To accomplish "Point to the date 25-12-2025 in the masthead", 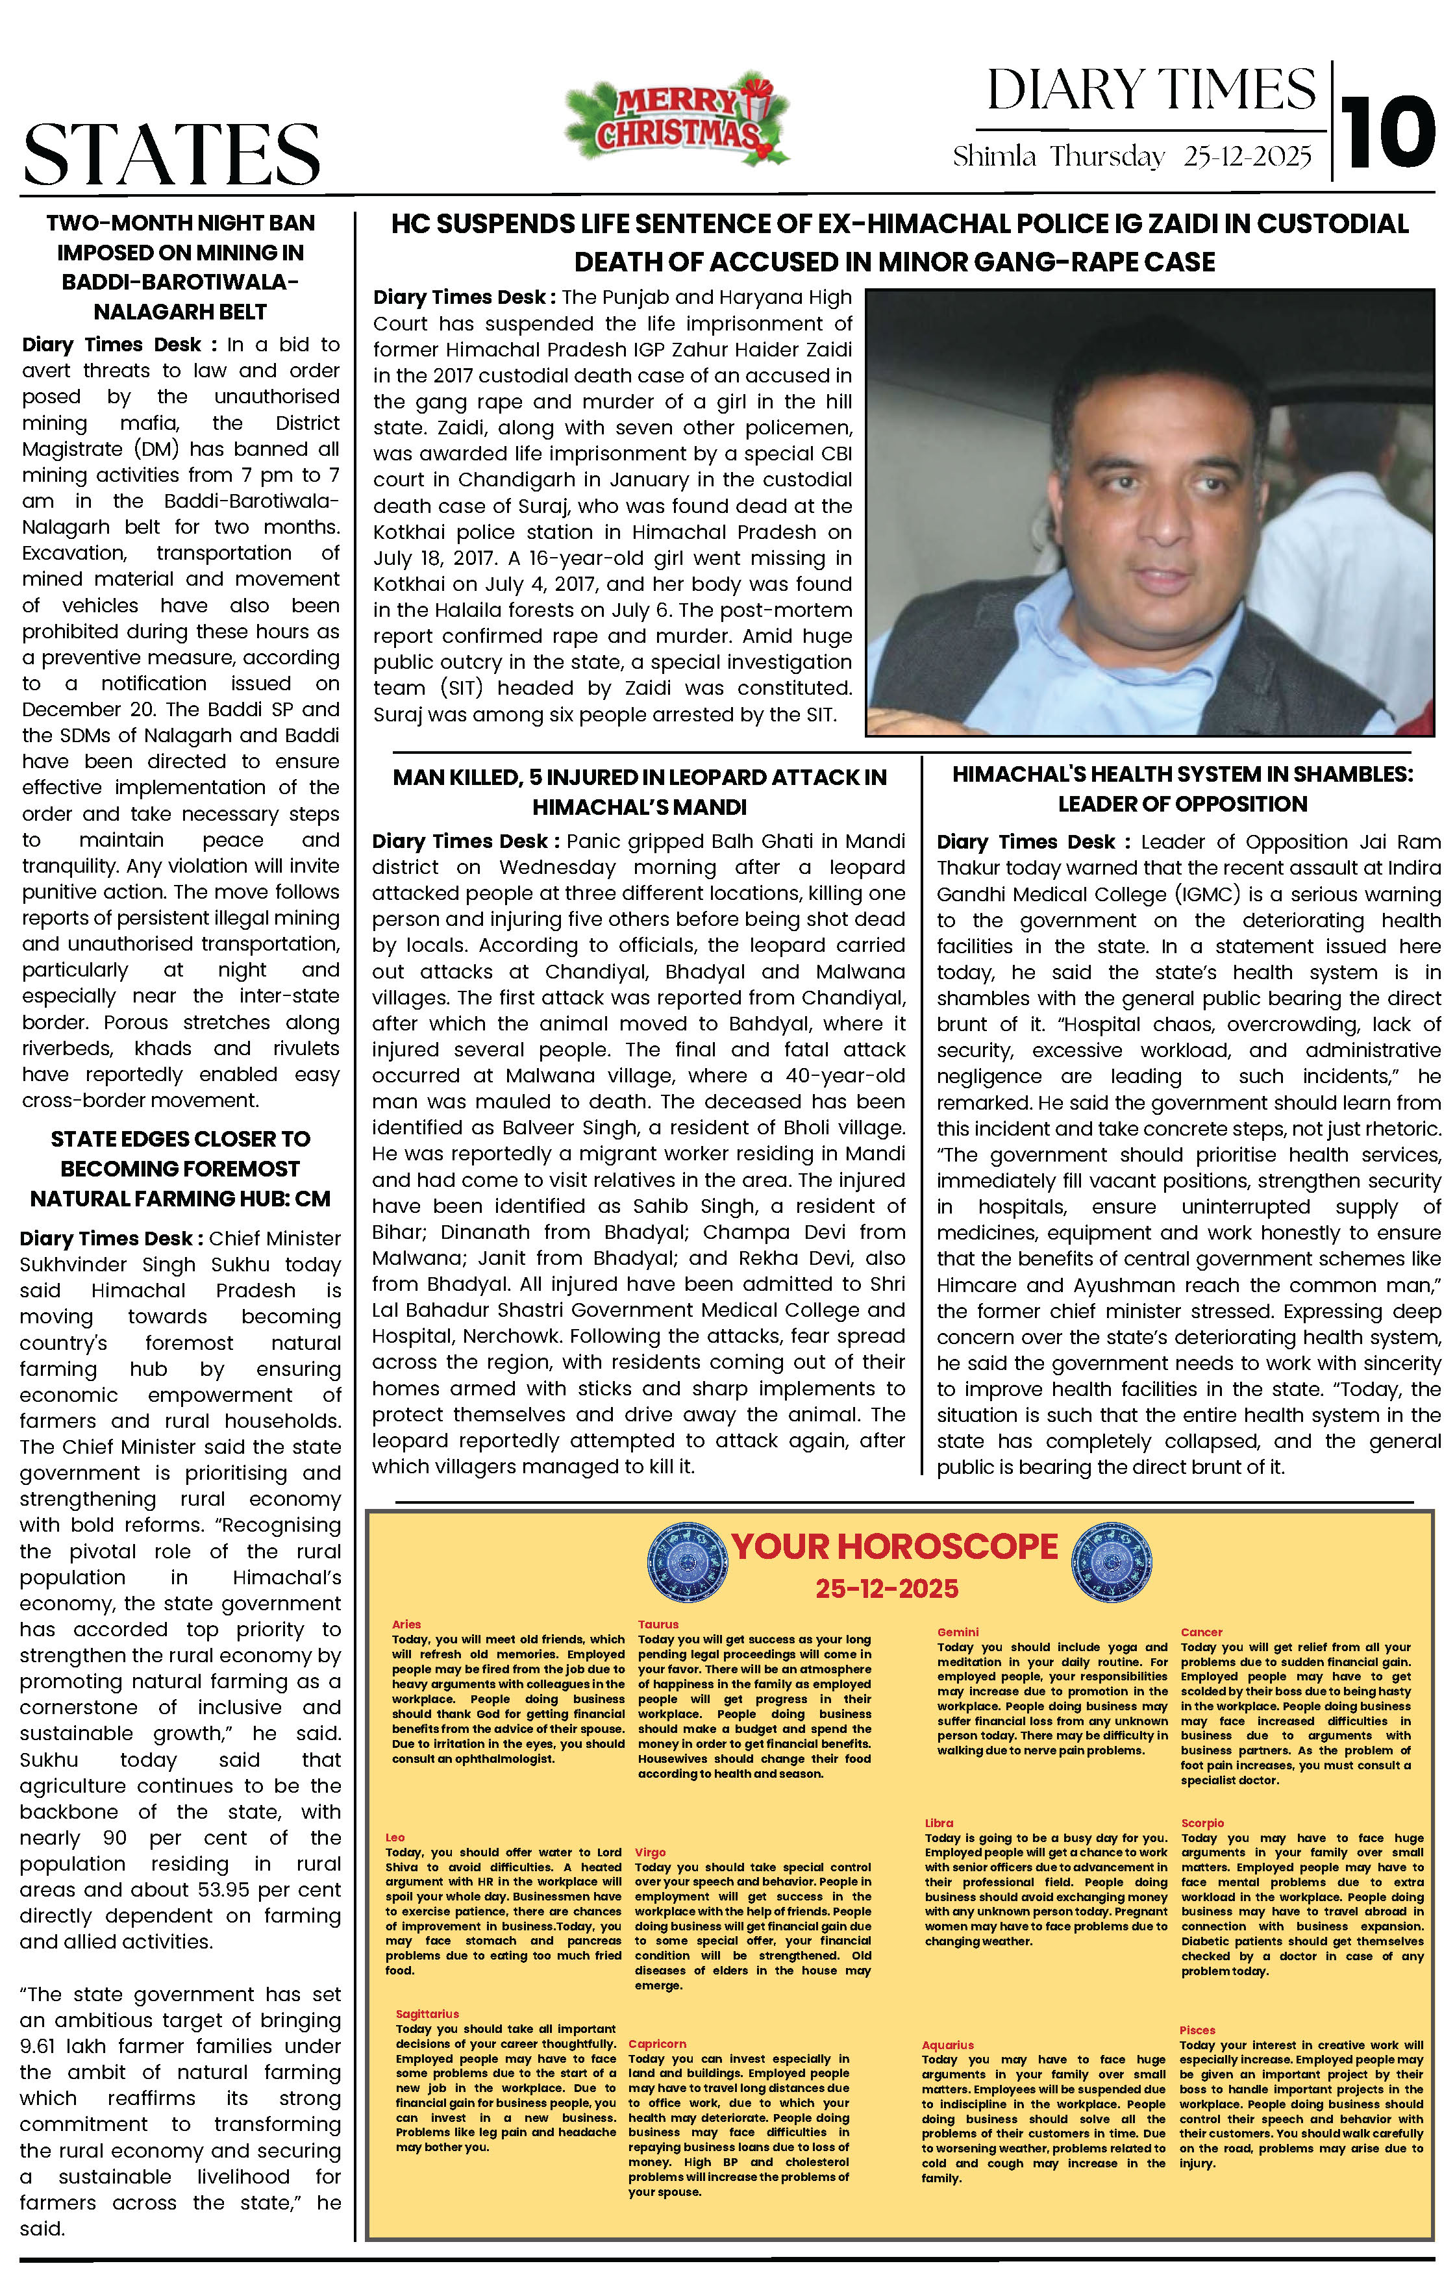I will [1248, 156].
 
